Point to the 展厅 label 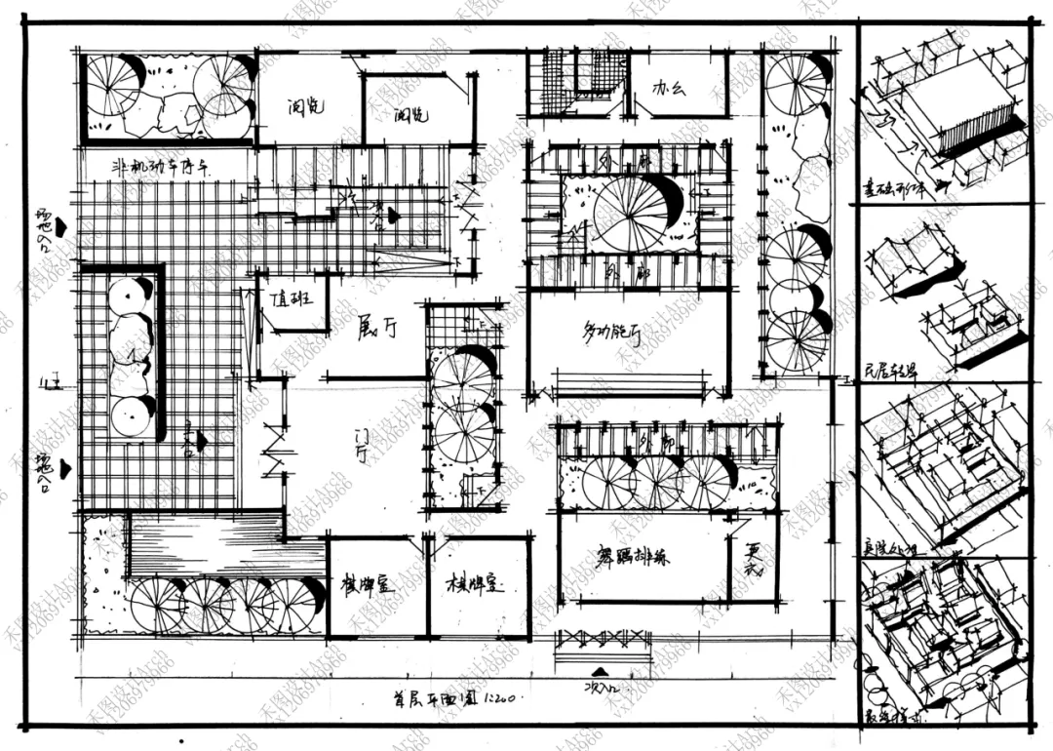click(376, 329)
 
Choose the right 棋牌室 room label click(473, 585)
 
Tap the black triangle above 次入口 click(603, 670)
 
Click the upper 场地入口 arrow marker click(60, 227)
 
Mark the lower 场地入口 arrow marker click(64, 469)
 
